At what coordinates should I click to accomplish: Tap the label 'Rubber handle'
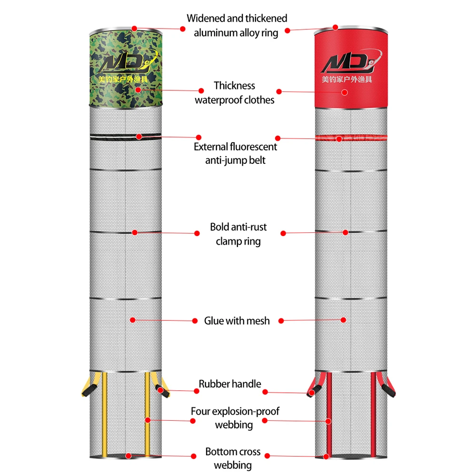pyautogui.click(x=230, y=384)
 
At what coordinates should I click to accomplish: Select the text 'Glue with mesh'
pyautogui.click(x=237, y=321)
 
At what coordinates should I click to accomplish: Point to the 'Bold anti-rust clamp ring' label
pyautogui.click(x=238, y=234)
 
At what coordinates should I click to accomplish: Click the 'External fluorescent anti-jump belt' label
pyautogui.click(x=235, y=153)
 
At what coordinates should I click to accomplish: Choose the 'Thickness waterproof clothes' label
pyautogui.click(x=234, y=92)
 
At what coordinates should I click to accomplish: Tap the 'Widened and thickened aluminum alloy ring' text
pyautogui.click(x=237, y=25)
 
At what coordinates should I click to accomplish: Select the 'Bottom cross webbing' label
pyautogui.click(x=233, y=458)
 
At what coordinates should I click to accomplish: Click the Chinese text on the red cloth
pyautogui.click(x=351, y=79)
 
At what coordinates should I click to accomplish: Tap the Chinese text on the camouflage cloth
pyautogui.click(x=125, y=79)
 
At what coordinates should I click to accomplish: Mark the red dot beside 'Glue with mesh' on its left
pyautogui.click(x=195, y=321)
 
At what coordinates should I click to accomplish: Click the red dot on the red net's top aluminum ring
pyautogui.click(x=335, y=27)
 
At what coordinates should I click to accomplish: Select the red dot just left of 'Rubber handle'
pyautogui.click(x=197, y=391)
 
